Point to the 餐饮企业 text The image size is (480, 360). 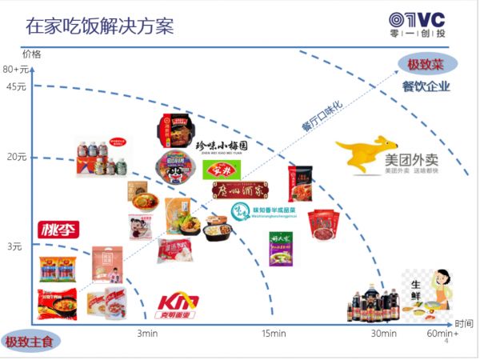pyautogui.click(x=426, y=86)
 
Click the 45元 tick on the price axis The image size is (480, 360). pyautogui.click(x=17, y=87)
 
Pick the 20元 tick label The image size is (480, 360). pyautogui.click(x=17, y=157)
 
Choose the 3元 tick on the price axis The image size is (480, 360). pyautogui.click(x=15, y=246)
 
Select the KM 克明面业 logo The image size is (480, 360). pyautogui.click(x=178, y=306)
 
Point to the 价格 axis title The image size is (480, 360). pyautogui.click(x=31, y=54)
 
